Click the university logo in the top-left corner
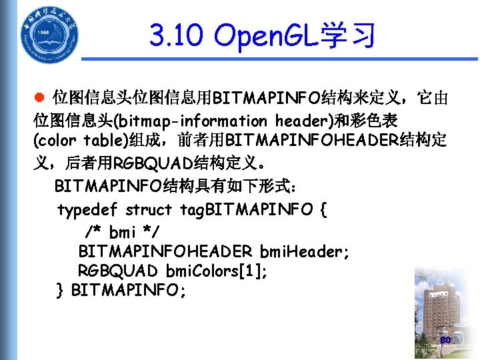pyautogui.click(x=49, y=34)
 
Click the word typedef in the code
pyautogui.click(x=87, y=210)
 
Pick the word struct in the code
pyautogui.click(x=149, y=210)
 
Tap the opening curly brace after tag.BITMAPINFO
pyautogui.click(x=323, y=210)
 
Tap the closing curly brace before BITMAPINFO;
pyautogui.click(x=61, y=291)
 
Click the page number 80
pyautogui.click(x=446, y=341)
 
